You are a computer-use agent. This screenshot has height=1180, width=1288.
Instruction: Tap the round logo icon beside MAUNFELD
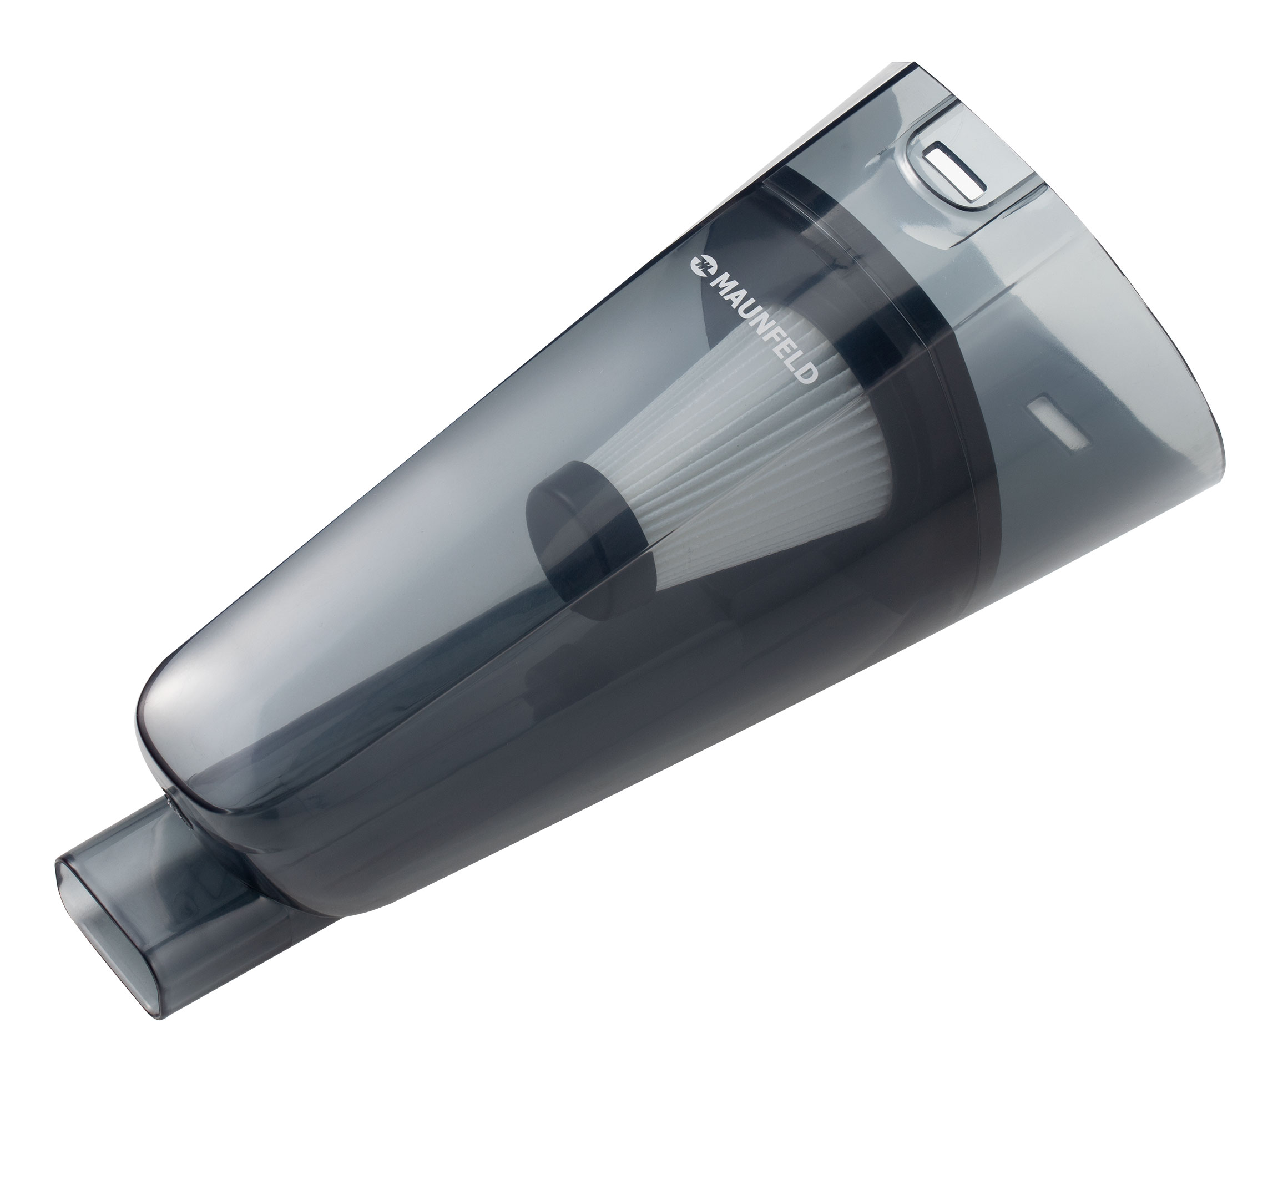[700, 265]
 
